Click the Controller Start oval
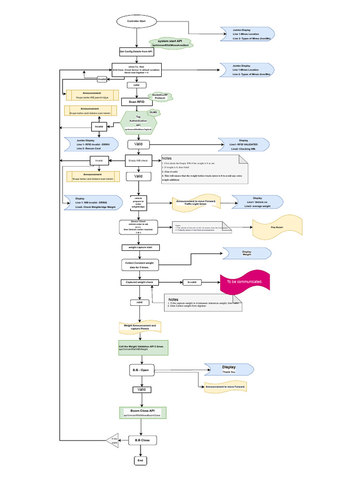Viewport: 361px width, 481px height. (136, 21)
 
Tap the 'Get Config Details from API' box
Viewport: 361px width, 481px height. (136, 52)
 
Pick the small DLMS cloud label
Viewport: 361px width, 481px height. (153, 113)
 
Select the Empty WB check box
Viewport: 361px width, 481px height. (138, 160)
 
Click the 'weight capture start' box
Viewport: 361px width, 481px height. (141, 247)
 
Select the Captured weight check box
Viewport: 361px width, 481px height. (140, 282)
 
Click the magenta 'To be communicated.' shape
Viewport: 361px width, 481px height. (244, 282)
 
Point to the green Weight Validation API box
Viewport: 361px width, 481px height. (143, 347)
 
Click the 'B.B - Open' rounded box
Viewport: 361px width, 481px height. (142, 370)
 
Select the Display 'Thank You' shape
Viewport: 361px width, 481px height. (229, 369)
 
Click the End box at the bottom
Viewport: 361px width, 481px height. (140, 460)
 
